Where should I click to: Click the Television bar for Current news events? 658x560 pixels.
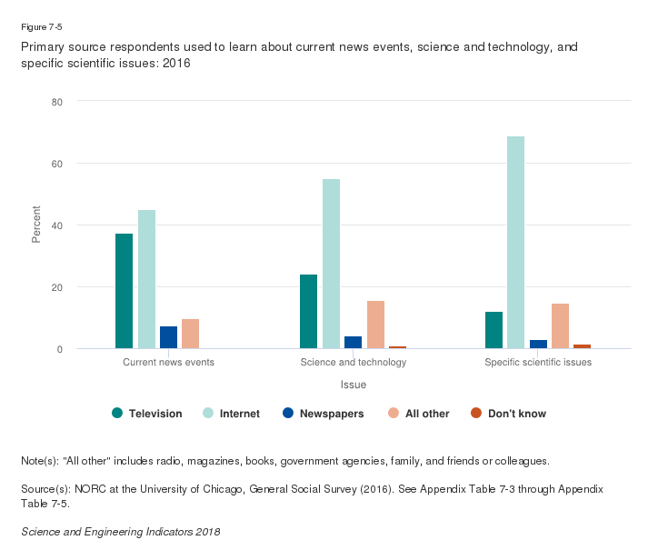point(124,291)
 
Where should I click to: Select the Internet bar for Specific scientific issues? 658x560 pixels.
point(515,243)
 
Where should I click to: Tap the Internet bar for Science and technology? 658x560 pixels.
point(331,264)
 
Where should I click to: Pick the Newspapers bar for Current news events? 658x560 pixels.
point(168,337)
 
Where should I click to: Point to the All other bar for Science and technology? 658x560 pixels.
point(375,325)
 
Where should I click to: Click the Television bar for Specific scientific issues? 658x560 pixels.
point(493,330)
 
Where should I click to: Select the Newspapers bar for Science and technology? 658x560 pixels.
point(353,343)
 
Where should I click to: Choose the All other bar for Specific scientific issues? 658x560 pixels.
point(560,325)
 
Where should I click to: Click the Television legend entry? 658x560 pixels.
point(146,414)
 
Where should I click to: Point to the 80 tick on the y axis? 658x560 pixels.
point(56,102)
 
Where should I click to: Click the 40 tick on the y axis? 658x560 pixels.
point(56,225)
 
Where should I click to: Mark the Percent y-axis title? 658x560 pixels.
point(36,225)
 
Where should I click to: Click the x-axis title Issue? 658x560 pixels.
point(354,385)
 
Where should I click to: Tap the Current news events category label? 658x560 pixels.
point(168,362)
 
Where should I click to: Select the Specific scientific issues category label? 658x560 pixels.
point(538,362)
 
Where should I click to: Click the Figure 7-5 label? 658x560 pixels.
point(41,27)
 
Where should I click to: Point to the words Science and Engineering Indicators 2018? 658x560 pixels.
point(121,531)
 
